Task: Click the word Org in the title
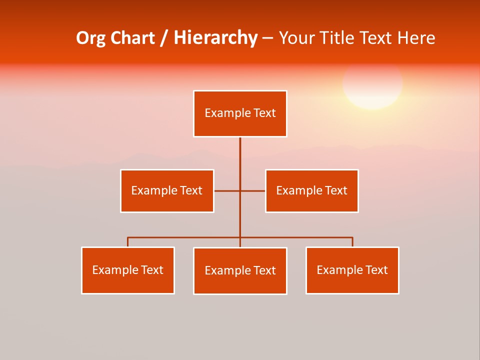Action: (x=90, y=38)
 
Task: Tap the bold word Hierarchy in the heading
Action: (x=215, y=38)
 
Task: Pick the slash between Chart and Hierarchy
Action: (x=164, y=38)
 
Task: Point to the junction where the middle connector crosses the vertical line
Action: (x=240, y=191)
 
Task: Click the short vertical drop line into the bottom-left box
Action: (x=127, y=242)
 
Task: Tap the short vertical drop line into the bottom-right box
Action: (x=352, y=242)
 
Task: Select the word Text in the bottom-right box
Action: (x=376, y=270)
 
